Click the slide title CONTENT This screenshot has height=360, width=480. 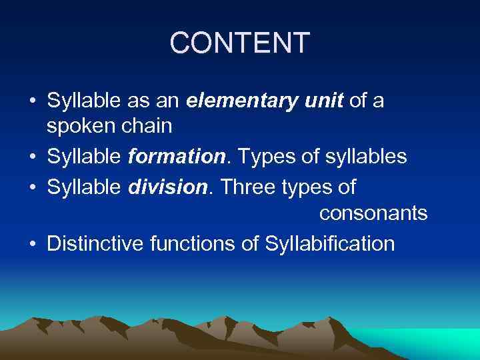point(240,43)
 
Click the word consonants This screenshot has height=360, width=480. point(373,214)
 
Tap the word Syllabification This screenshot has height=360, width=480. point(330,245)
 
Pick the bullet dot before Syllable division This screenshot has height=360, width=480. point(33,188)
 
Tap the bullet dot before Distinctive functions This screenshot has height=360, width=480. point(33,245)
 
